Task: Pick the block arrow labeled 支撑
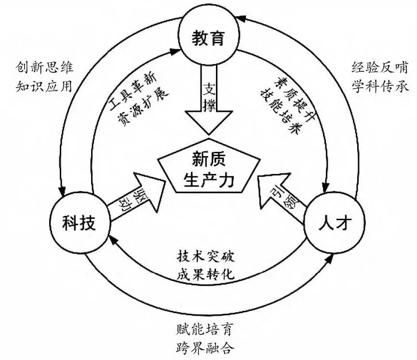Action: [208, 99]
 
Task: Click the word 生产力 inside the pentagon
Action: [208, 179]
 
